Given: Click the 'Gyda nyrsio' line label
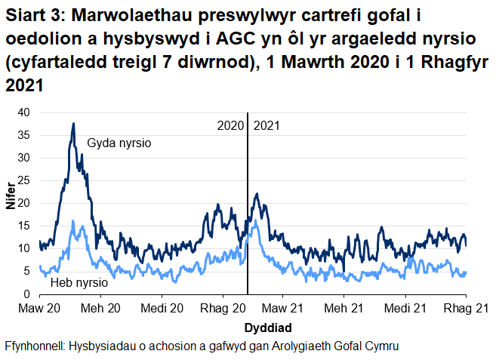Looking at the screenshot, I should (120, 142).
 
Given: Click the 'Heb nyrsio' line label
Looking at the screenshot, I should (79, 284).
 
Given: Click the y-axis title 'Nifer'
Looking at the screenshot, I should (10, 204).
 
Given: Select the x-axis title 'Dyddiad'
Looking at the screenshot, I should (268, 328).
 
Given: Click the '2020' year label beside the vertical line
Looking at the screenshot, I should (230, 125).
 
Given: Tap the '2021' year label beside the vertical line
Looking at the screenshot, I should (266, 125).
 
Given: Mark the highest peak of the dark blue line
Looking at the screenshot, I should (73, 123).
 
